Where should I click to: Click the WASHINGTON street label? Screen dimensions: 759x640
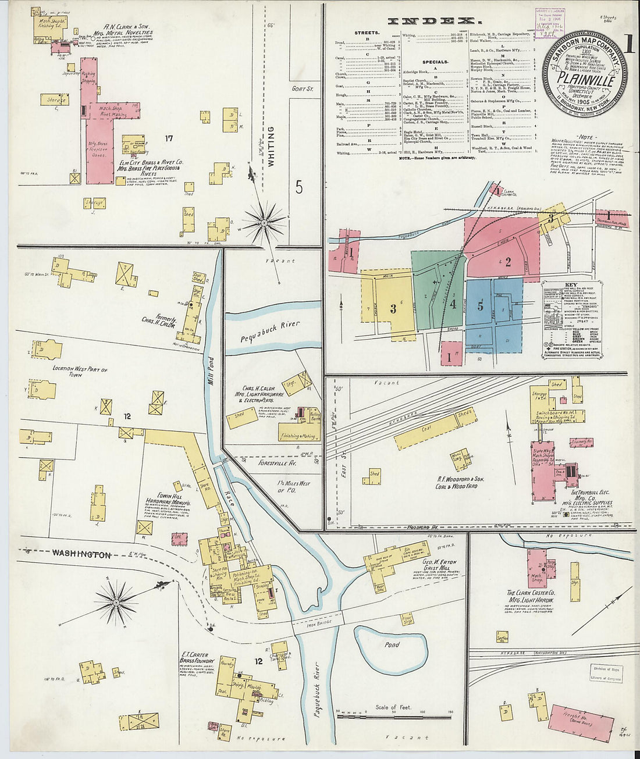click(81, 554)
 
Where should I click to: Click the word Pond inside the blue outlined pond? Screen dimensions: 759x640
click(392, 644)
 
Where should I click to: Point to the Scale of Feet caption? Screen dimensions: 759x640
click(393, 707)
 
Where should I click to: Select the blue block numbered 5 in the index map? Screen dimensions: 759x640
click(481, 307)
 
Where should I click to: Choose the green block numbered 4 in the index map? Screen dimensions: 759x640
click(452, 304)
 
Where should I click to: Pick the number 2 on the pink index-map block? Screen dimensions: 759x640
click(507, 262)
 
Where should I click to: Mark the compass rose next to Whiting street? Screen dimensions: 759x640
click(264, 222)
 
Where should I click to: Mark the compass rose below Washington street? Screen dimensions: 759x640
click(116, 599)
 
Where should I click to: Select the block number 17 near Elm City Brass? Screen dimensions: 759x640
click(168, 138)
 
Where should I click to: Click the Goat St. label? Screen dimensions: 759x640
click(303, 89)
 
